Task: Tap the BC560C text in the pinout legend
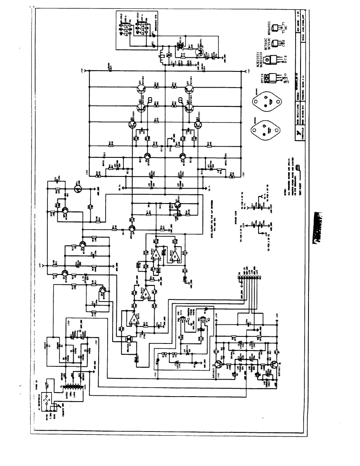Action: tap(261, 41)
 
